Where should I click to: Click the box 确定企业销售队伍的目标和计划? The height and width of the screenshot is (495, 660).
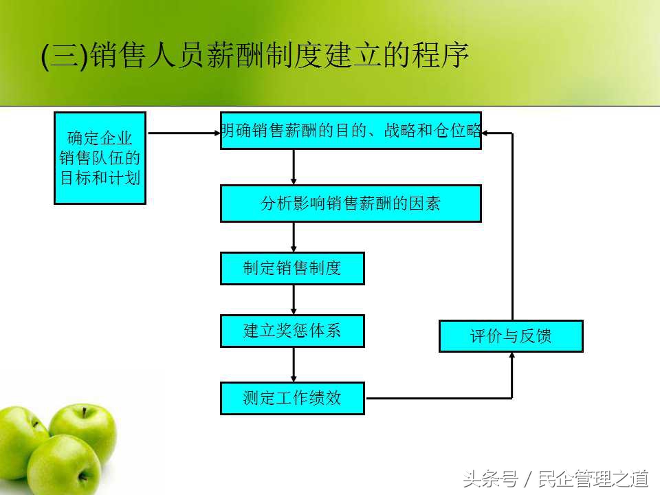tap(100, 158)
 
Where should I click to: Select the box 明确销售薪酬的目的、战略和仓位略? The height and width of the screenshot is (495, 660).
tap(351, 131)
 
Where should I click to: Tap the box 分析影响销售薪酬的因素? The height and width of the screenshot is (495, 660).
tap(351, 203)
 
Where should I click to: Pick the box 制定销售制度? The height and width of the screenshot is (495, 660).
tap(292, 268)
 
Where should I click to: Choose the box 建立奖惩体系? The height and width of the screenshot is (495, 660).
tap(292, 331)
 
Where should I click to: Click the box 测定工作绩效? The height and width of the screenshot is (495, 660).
tap(292, 398)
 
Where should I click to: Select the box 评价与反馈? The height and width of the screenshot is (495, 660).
tap(511, 336)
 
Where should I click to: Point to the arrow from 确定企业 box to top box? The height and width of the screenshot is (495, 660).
tap(183, 133)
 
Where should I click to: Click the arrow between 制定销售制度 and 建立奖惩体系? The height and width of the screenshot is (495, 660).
tap(294, 300)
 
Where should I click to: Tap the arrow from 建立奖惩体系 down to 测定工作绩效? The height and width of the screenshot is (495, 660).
tap(294, 364)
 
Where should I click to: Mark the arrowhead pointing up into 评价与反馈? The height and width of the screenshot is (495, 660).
tap(512, 356)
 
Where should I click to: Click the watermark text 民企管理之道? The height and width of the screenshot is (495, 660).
tap(594, 478)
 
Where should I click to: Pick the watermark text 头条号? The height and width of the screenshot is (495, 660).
tap(490, 478)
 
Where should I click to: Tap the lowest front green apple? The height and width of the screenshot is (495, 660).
tap(63, 465)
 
